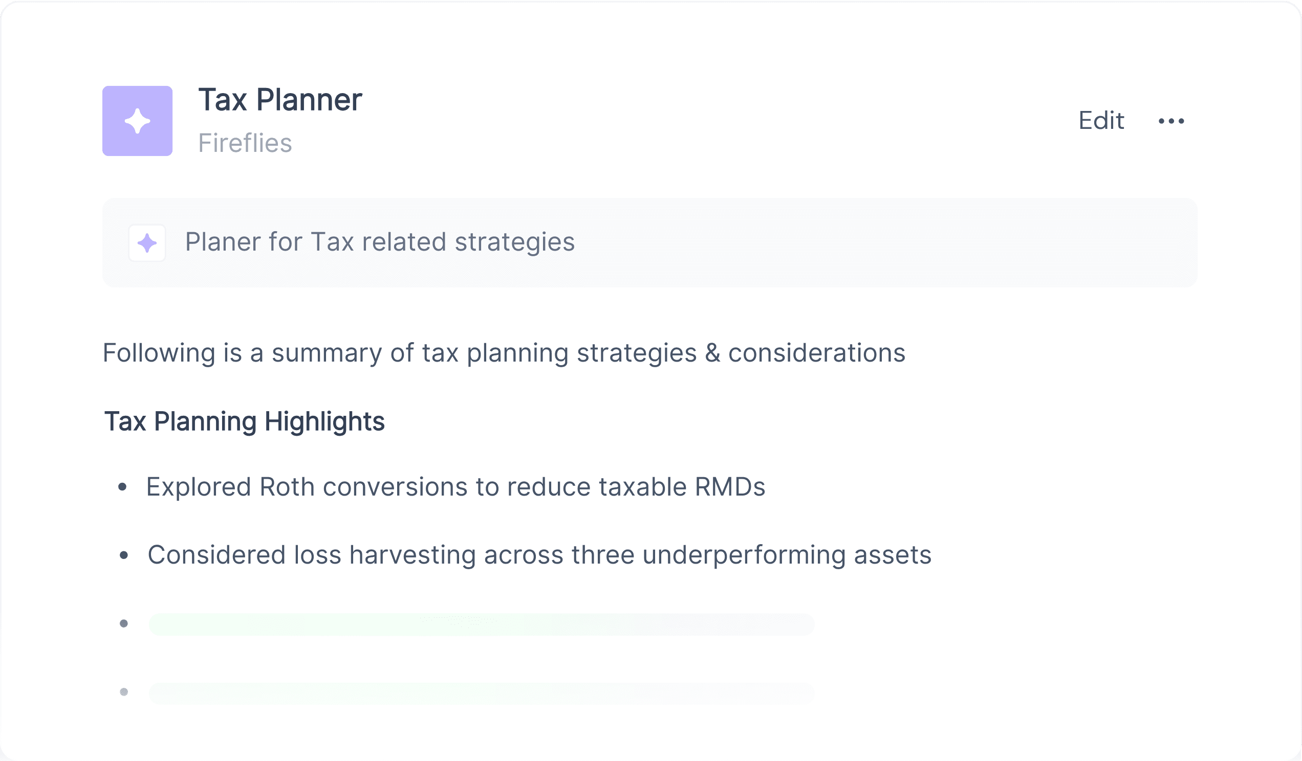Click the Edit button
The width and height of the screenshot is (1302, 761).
point(1101,121)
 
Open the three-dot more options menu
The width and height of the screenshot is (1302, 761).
point(1171,121)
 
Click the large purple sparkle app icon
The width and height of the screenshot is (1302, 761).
point(138,121)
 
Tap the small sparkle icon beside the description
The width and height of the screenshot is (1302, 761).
point(147,243)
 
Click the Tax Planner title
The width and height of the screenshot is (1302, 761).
point(280,100)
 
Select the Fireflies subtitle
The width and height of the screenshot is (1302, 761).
point(246,143)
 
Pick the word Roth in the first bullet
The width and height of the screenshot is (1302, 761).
point(287,487)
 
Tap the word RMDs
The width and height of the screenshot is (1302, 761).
point(730,487)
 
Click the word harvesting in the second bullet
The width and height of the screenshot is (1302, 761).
point(413,555)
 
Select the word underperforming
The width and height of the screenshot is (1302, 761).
point(744,555)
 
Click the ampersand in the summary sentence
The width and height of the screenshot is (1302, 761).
point(712,353)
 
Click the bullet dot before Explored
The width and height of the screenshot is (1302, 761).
point(122,487)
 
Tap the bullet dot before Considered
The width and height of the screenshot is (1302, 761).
point(123,555)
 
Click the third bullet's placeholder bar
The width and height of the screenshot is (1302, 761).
point(482,624)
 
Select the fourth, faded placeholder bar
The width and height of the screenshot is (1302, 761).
point(482,693)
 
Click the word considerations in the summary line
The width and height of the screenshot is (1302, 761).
point(817,353)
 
